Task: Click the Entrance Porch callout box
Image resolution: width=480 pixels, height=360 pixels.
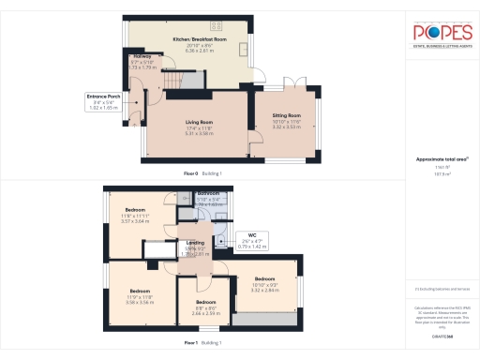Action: [103, 100]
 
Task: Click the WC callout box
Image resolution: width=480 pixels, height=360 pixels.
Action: [251, 239]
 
